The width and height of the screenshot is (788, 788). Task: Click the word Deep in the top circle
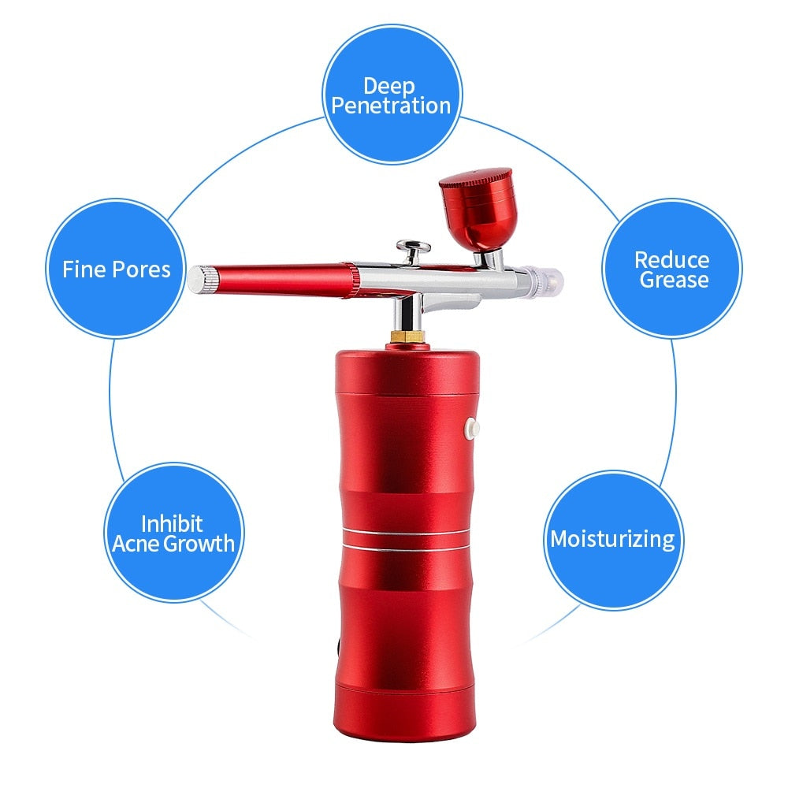pos(389,86)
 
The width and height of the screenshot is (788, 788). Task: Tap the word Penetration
pos(392,106)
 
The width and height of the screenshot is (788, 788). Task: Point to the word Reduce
pos(671,259)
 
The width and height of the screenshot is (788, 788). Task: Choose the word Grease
pos(674,280)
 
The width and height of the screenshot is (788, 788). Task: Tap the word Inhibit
pos(172,523)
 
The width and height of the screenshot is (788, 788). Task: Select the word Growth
pos(199,543)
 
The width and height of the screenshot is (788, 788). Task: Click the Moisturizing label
pos(612,539)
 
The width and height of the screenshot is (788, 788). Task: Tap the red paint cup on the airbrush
pos(476,209)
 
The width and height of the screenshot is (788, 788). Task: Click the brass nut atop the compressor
pos(407,336)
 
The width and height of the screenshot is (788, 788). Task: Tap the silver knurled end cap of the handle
pos(203,280)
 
